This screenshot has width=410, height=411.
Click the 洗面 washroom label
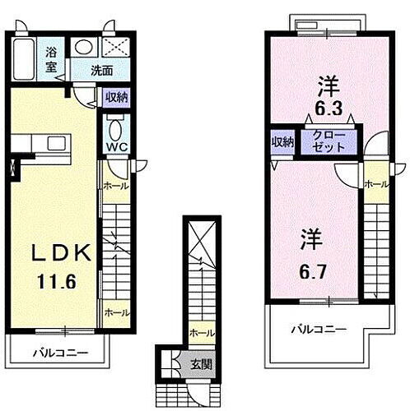pyautogui.click(x=102, y=71)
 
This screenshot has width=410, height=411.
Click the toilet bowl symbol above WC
pyautogui.click(x=114, y=128)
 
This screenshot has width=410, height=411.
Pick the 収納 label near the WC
pyautogui.click(x=116, y=98)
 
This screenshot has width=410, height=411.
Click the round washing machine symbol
pyautogui.click(x=82, y=48)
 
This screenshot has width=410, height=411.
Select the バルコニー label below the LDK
pyautogui.click(x=59, y=353)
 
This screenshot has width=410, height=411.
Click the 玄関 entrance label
pyautogui.click(x=202, y=363)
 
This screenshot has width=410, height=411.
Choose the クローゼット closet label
pyautogui.click(x=328, y=141)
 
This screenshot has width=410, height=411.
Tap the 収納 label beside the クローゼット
pyautogui.click(x=282, y=141)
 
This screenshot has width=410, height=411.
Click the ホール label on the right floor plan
pyautogui.click(x=375, y=183)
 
